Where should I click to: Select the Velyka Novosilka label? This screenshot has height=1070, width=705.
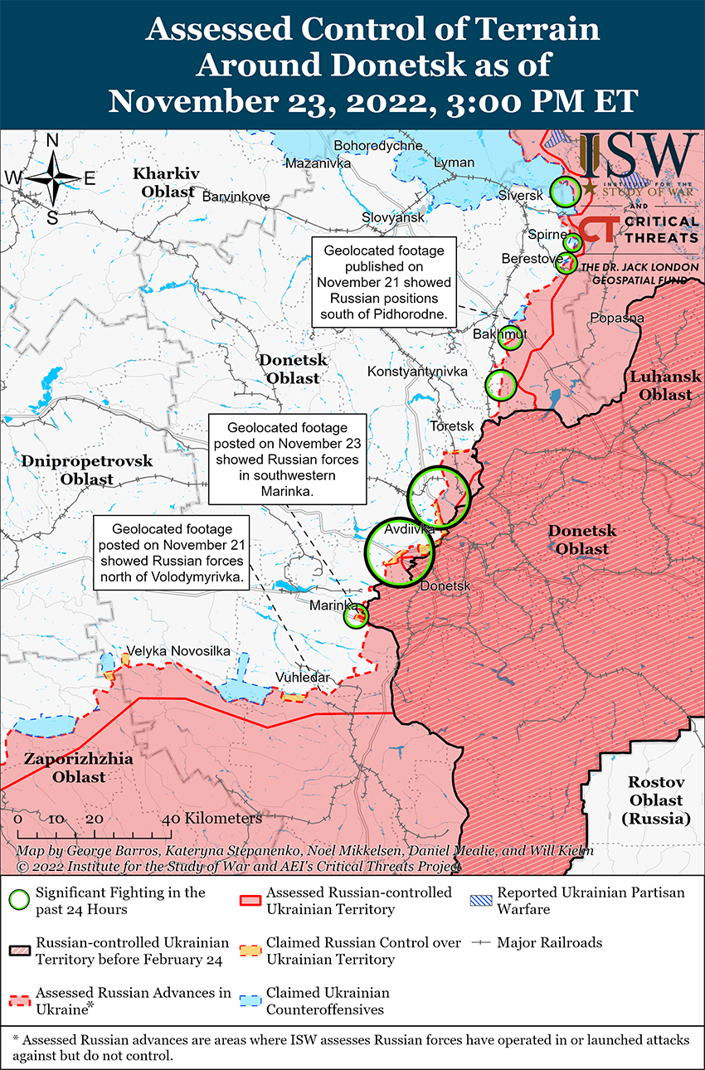click(177, 651)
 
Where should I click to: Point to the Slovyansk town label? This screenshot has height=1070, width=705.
click(392, 216)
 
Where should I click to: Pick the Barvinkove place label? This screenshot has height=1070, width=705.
click(236, 197)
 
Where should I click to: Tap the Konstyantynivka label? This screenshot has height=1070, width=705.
click(417, 372)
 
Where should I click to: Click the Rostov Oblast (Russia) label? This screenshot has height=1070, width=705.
click(655, 800)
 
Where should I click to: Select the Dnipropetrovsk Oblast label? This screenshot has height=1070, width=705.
click(87, 469)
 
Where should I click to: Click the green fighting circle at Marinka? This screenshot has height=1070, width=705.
click(356, 615)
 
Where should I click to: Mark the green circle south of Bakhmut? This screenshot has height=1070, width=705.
click(500, 384)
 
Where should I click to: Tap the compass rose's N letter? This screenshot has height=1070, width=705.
click(51, 141)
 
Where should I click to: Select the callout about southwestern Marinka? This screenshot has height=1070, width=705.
click(287, 460)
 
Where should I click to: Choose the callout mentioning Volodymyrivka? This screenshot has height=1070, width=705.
click(172, 552)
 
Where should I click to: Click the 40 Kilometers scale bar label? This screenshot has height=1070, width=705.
click(213, 818)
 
